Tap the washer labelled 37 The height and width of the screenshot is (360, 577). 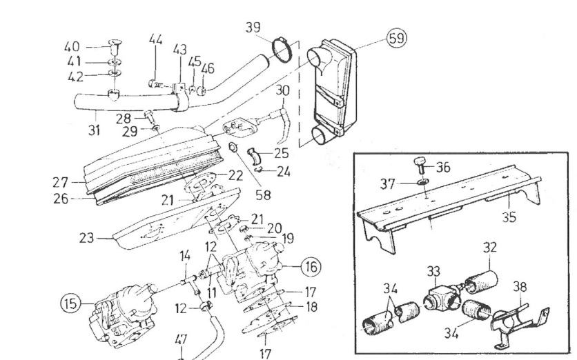[424, 183]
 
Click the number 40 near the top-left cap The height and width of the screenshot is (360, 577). [72, 47]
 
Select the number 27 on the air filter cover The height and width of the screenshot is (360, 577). [61, 183]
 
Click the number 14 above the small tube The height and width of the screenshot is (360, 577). [185, 257]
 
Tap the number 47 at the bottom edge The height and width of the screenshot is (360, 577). [180, 340]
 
